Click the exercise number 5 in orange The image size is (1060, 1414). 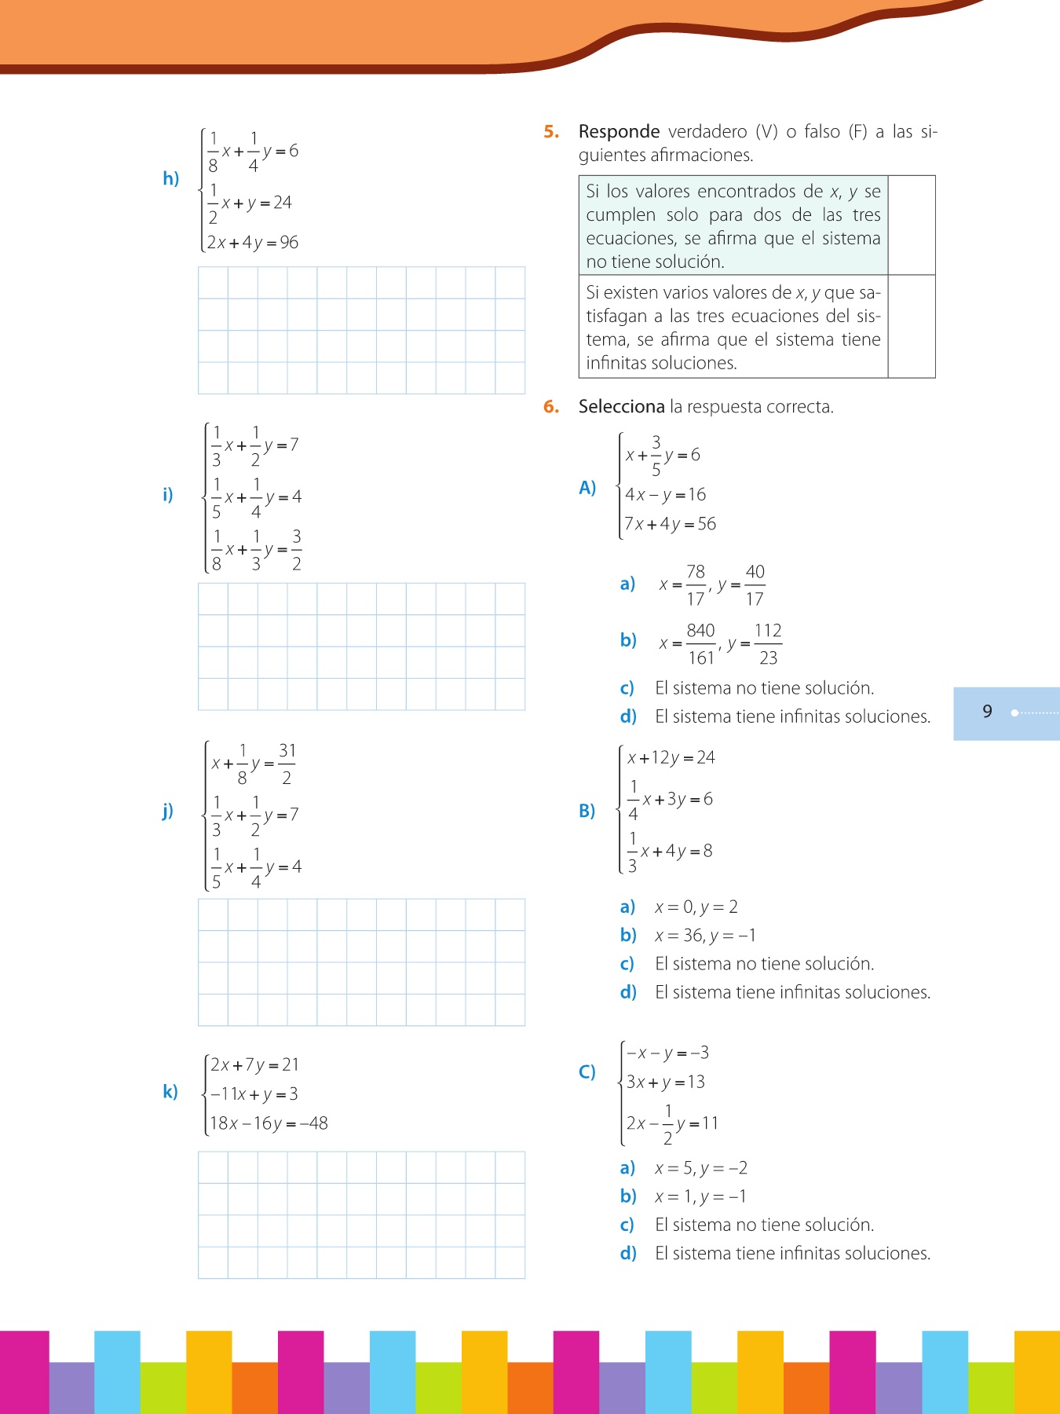[550, 132]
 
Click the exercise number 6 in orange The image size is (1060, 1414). [550, 407]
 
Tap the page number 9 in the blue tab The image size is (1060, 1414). [987, 712]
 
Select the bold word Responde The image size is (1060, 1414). [619, 132]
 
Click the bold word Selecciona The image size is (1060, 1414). [621, 407]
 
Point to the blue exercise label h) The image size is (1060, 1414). [170, 179]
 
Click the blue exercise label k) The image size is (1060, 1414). [170, 1092]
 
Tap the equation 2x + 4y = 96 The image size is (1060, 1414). [253, 243]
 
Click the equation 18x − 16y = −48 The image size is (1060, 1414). [269, 1123]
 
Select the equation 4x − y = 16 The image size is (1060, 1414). [665, 495]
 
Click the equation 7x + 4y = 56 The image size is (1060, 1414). [670, 524]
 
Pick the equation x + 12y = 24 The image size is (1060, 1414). [671, 758]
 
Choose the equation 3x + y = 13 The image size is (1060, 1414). [665, 1082]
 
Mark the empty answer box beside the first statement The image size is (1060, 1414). [911, 225]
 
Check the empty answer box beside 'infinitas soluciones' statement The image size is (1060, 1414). [911, 327]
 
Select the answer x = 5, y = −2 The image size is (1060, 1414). [700, 1168]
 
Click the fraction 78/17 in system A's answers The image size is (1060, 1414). [696, 585]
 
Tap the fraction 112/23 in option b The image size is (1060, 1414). [768, 644]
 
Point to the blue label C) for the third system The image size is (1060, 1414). [587, 1072]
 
